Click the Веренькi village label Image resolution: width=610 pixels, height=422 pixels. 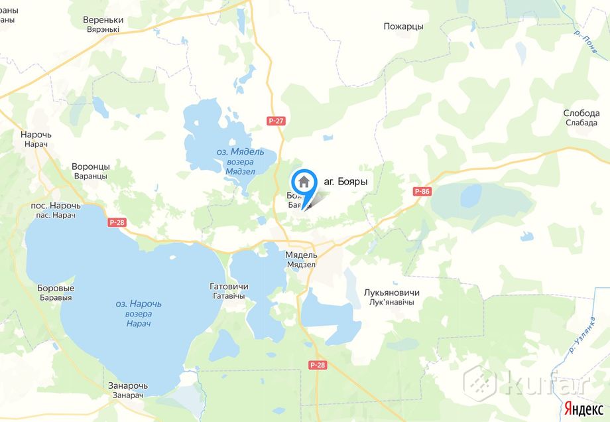103,21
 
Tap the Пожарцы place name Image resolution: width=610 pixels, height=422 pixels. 403,27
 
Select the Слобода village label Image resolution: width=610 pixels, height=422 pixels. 581,113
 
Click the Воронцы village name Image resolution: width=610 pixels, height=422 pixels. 90,167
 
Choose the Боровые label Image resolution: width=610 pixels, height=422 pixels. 56,289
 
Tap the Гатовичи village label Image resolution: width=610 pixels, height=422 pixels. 227,287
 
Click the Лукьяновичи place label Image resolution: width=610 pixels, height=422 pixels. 391,293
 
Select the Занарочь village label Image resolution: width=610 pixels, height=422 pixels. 128,386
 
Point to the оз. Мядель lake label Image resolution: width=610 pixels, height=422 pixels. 240,152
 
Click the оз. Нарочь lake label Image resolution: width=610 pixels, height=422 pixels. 139,304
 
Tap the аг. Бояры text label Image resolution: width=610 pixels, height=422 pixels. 345,181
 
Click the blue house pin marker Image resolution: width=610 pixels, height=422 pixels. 304,182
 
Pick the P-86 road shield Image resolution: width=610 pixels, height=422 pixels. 422,192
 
